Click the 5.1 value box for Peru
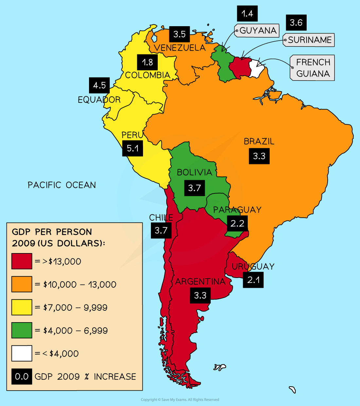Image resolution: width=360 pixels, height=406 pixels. [x=133, y=148]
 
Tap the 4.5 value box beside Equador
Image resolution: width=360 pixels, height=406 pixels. [x=99, y=85]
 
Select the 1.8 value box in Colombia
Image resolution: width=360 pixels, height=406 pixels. [x=147, y=62]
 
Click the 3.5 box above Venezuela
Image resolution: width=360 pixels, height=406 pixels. [x=179, y=34]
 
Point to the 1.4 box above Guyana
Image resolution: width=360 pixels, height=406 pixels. [x=247, y=14]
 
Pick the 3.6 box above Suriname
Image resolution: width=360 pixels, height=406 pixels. [x=296, y=23]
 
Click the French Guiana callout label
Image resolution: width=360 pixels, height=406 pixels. [x=313, y=68]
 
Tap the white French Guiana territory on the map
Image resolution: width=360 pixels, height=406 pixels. [x=256, y=69]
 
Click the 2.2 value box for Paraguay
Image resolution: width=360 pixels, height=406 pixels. [x=237, y=223]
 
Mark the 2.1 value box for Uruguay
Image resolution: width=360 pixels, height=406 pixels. [x=253, y=280]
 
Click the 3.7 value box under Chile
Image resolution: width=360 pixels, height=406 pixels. [x=161, y=231]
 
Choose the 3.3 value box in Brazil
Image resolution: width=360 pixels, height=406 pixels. [x=259, y=156]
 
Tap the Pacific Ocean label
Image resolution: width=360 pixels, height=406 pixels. [x=62, y=185]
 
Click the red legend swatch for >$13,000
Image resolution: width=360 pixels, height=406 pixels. [x=22, y=261]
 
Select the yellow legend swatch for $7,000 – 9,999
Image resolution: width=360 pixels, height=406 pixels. [x=22, y=307]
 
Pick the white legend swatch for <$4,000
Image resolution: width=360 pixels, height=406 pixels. [x=22, y=354]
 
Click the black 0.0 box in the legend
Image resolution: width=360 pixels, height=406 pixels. [x=22, y=377]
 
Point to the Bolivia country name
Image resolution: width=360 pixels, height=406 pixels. [x=194, y=172]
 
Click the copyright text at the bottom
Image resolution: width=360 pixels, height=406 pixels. [x=180, y=399]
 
